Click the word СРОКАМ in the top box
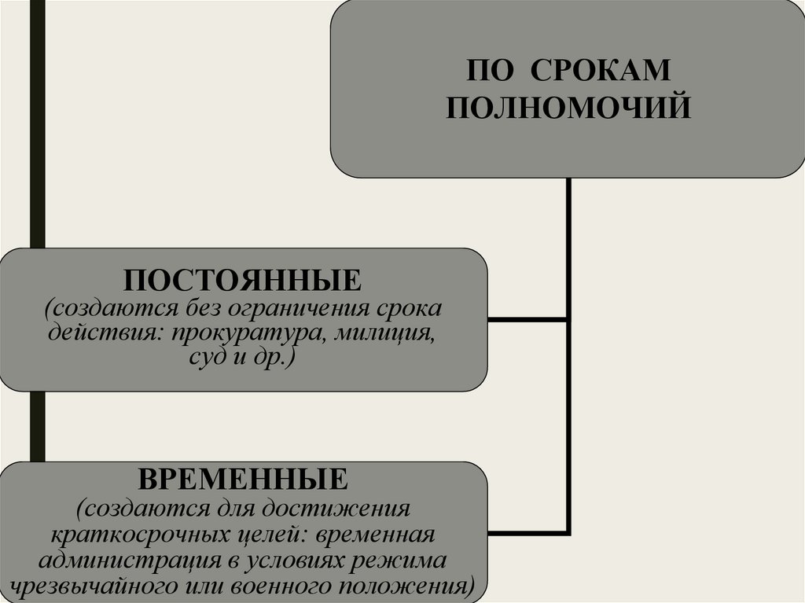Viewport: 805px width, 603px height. [601, 71]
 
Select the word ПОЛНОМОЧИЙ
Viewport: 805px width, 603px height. [568, 106]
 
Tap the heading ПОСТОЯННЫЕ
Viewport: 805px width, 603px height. [242, 280]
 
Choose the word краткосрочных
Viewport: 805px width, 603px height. [132, 535]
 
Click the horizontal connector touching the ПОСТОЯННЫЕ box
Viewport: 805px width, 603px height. [526, 319]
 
